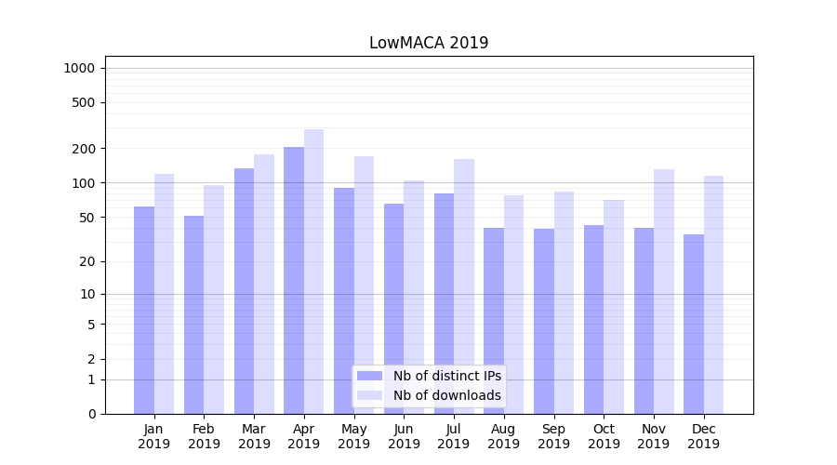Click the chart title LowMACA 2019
(429, 43)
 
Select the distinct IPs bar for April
(294, 279)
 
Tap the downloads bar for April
(313, 270)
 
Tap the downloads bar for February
(214, 299)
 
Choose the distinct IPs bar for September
(544, 321)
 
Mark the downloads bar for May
(364, 284)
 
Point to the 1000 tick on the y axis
(79, 68)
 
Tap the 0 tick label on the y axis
(92, 414)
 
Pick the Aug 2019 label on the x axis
(504, 436)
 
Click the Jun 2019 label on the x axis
(404, 436)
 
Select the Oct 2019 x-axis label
(604, 436)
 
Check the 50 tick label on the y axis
(87, 218)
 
